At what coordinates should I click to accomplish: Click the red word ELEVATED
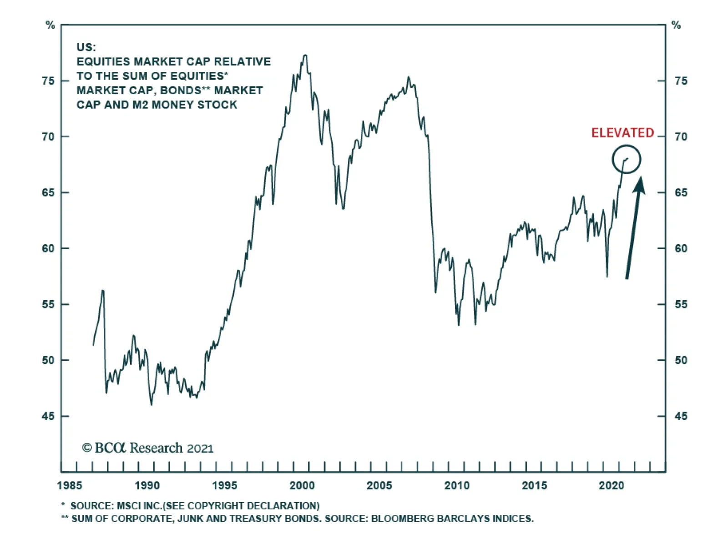coord(622,133)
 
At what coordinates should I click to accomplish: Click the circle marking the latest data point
coord(626,159)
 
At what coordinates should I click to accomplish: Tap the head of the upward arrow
coord(639,184)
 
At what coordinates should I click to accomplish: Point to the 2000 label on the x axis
coord(302,486)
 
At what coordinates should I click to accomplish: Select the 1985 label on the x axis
coord(70,486)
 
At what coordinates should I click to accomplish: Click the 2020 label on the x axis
coord(612,486)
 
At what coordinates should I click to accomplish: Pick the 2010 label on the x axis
coord(457,486)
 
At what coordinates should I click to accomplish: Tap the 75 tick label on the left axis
coord(48,81)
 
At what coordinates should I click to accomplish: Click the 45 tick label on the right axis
coord(681,416)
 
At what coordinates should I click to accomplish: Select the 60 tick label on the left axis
coord(48,248)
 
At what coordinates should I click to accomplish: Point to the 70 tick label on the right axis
coord(681,136)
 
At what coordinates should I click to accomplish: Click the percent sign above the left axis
coord(51,25)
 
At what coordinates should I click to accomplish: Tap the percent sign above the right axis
coord(677,25)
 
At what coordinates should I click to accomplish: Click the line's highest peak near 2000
coord(305,55)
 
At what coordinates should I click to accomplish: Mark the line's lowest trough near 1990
coord(152,404)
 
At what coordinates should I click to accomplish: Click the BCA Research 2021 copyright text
coord(148,448)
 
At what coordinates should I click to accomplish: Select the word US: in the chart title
coord(86,47)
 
